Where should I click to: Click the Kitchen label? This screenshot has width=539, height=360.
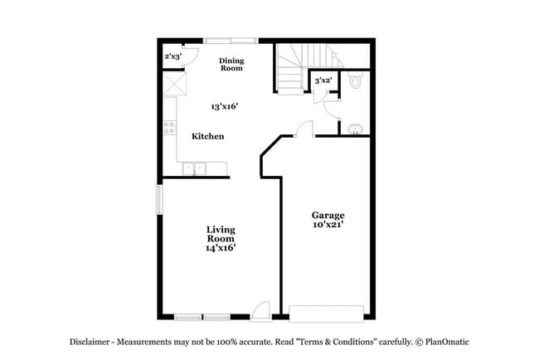point(207,136)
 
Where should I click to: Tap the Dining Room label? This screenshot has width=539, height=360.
point(231,65)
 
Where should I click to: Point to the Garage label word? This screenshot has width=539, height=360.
point(328,215)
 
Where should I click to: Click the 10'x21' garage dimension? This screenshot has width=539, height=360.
point(328,225)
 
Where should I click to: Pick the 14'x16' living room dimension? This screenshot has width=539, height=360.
point(221,248)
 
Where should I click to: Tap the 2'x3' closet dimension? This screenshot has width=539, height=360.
point(172,56)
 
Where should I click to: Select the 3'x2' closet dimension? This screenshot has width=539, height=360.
point(323,80)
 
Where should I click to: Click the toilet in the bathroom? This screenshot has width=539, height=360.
point(356,81)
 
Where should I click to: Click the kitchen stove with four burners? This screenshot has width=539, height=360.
point(170,128)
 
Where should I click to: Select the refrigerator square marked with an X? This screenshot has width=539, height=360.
point(173,85)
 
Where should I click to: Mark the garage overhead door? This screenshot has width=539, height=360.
point(326,313)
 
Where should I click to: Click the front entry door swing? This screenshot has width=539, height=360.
point(261,309)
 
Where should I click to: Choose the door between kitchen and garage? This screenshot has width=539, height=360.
point(304,129)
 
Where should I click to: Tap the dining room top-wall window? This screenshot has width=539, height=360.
point(231,40)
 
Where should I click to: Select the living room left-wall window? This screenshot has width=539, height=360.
point(159,200)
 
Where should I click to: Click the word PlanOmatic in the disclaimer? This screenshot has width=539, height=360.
point(449,342)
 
